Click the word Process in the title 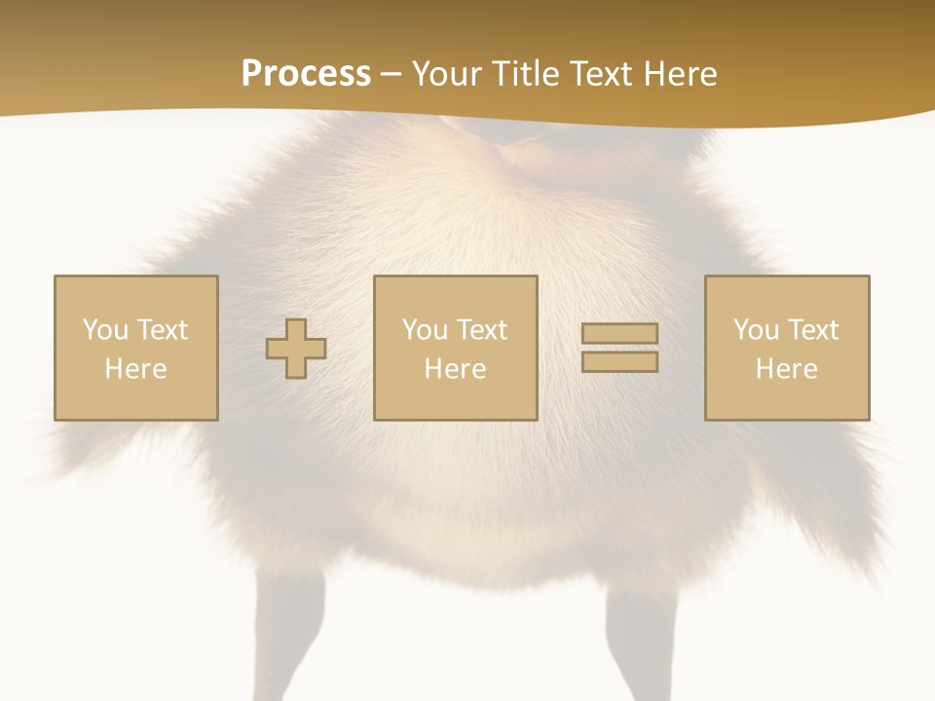point(306,74)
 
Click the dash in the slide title point(392,75)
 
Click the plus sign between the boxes point(296,349)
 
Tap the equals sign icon point(619,348)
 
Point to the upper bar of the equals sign point(619,334)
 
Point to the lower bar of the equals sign point(619,362)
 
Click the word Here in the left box point(135,369)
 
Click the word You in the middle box point(424,330)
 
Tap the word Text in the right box point(812,330)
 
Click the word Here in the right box point(786,369)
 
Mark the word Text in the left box point(162,330)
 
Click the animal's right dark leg point(639,643)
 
